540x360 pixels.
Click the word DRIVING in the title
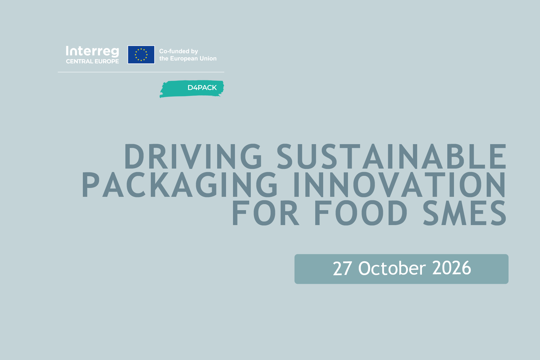[193, 156]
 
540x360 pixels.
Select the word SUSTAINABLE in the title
[391, 156]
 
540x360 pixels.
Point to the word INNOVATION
[399, 185]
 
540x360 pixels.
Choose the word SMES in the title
[464, 213]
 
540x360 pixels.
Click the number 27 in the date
[342, 268]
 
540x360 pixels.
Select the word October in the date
[392, 268]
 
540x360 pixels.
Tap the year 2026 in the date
[451, 268]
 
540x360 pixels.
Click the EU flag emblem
[141, 55]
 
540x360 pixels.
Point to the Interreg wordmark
[92, 51]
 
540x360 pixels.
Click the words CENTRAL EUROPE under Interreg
[92, 62]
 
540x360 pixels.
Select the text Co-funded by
[178, 51]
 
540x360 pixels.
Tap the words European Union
[193, 59]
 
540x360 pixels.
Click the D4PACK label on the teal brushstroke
[202, 88]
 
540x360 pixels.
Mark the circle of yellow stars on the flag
[141, 55]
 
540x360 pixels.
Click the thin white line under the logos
[141, 72]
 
